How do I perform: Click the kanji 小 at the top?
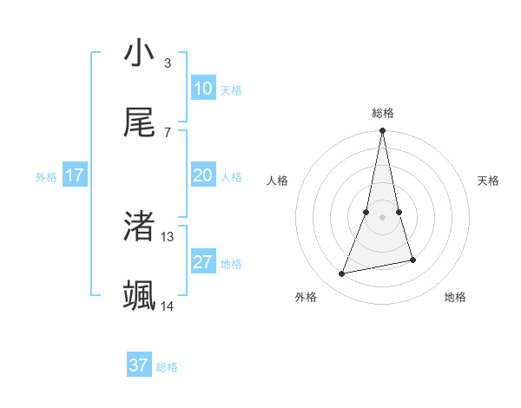pos(139,54)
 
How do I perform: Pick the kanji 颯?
pos(139,296)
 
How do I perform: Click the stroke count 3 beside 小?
pos(167,63)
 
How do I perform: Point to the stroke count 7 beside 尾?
pos(167,132)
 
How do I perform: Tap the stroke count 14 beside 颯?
pos(168,306)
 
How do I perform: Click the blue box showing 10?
pos(202,89)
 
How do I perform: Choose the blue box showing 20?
pos(202,175)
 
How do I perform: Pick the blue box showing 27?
pos(202,262)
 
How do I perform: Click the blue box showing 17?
pos(75,175)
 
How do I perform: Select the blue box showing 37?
pos(138,365)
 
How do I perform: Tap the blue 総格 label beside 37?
pos(167,367)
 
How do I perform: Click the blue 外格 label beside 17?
pos(46,177)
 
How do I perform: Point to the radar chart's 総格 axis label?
pos(382,113)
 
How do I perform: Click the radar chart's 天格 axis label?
pos(489,181)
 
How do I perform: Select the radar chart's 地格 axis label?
pos(455,297)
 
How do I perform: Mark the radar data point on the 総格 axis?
pos(382,131)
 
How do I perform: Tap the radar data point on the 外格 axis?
pos(342,274)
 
